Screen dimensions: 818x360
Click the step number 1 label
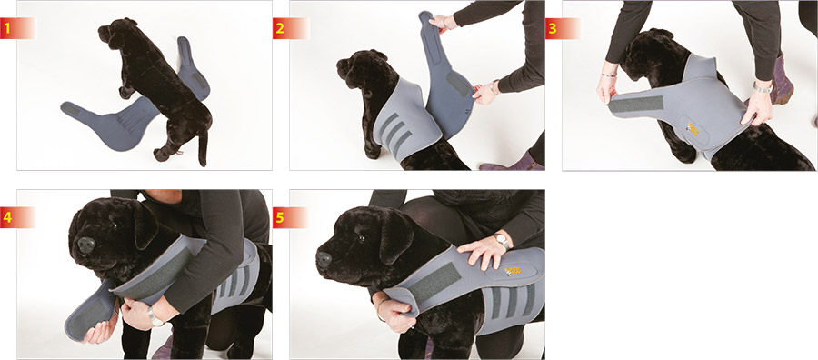pos(6,28)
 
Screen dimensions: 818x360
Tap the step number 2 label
pos(280,28)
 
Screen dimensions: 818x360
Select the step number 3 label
pos(553,28)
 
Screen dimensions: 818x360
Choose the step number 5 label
pos(280,217)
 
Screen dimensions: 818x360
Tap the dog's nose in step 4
pos(85,245)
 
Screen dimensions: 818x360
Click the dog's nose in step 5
pos(324,259)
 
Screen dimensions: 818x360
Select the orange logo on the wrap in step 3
pos(693,129)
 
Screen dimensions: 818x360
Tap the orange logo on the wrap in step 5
pos(512,271)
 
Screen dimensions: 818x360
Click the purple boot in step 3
pos(782,84)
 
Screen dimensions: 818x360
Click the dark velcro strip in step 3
pos(636,105)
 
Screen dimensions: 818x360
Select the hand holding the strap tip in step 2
pos(439,23)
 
